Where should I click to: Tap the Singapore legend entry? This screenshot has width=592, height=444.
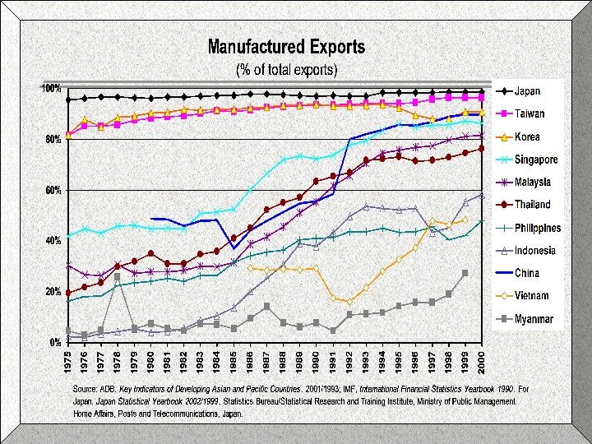click(536, 160)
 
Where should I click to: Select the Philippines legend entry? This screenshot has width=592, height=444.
click(538, 228)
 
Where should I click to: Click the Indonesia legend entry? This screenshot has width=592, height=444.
click(535, 251)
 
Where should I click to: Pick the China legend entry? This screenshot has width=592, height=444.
click(527, 273)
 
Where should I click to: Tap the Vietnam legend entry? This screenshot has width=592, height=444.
click(532, 296)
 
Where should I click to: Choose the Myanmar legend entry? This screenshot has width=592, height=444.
click(534, 319)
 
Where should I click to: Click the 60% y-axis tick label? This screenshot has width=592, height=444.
click(53, 190)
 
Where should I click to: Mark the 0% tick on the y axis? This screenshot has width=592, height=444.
click(55, 342)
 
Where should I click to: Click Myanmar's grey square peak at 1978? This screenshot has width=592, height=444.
click(118, 277)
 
